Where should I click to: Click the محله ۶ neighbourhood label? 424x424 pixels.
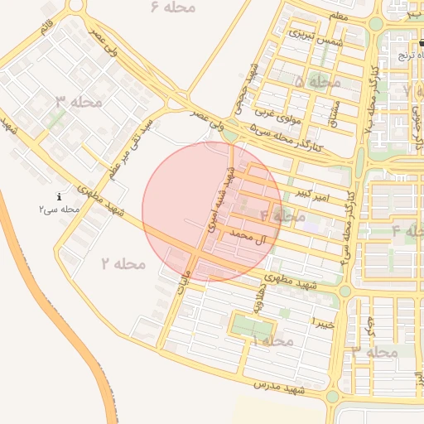pyautogui.click(x=173, y=7)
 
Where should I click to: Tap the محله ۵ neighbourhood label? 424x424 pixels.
pyautogui.click(x=317, y=82)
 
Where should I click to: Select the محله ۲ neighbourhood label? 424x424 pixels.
pyautogui.click(x=123, y=263)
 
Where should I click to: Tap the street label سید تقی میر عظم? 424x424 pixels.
pyautogui.click(x=133, y=148)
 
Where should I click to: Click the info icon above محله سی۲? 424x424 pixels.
pyautogui.click(x=59, y=197)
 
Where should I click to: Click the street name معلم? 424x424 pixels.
pyautogui.click(x=338, y=16)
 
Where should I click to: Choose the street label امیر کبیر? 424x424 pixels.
pyautogui.click(x=312, y=195)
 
